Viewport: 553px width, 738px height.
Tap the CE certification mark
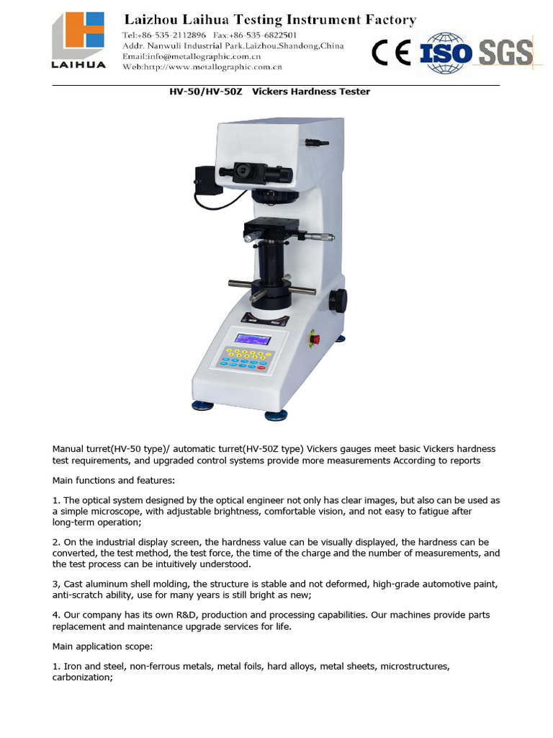(391, 53)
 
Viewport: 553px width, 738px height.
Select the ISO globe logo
(446, 53)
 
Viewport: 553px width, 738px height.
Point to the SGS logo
(505, 53)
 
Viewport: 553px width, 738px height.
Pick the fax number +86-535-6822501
(256, 35)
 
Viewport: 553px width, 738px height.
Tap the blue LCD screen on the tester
(253, 339)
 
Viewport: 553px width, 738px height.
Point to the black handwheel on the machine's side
(337, 299)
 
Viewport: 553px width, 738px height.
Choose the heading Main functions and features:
(113, 480)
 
